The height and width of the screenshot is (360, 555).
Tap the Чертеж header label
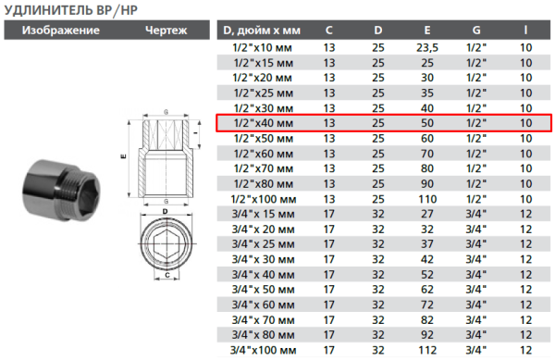[166, 30]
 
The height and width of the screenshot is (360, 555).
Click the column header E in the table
[427, 31]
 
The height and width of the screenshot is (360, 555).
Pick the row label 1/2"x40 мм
[264, 122]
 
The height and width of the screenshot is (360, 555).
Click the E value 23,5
[427, 47]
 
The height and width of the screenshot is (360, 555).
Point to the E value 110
[427, 198]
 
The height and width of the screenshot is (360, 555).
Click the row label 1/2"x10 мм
[264, 47]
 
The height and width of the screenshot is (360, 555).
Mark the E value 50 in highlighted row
[427, 122]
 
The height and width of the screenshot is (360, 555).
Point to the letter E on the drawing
[122, 157]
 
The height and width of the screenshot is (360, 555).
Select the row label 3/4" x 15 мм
[264, 213]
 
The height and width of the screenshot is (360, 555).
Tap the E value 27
[427, 213]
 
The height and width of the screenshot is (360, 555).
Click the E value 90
[427, 183]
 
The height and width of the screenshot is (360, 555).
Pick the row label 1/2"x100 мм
[264, 198]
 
